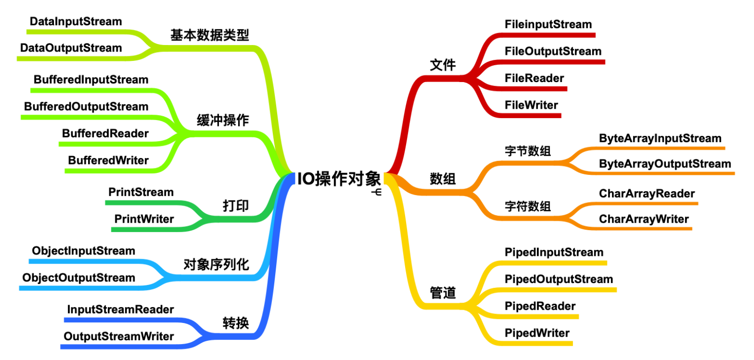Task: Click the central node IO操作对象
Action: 339,179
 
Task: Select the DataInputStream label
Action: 75,22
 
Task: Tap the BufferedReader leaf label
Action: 105,134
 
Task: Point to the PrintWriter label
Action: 144,219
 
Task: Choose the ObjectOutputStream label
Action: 78,278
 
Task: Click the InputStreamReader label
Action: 120,309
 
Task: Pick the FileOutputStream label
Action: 553,51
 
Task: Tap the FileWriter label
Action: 531,105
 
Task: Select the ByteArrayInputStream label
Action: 660,138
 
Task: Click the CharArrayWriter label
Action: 644,219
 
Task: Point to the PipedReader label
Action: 540,306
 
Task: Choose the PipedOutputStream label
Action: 558,279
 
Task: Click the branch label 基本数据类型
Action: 210,35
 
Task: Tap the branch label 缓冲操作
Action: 223,120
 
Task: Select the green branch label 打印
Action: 235,206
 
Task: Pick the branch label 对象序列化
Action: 216,264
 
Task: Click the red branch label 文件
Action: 443,65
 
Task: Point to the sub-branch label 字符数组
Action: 528,206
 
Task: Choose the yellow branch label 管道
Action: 443,293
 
